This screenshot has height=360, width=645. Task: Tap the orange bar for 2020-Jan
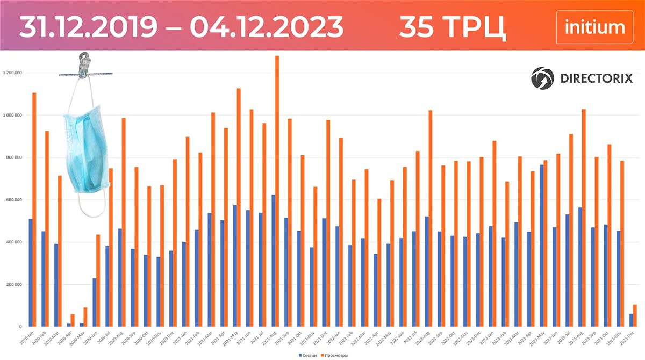tap(34, 210)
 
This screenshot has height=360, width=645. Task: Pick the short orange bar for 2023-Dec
tap(635, 315)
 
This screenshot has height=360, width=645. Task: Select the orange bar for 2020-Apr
tap(73, 320)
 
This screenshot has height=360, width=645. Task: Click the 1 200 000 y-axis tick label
tap(16, 73)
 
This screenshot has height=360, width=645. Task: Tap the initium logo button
tap(594, 27)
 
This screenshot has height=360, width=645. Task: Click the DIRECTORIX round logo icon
tap(542, 78)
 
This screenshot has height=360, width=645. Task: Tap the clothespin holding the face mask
tap(84, 66)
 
